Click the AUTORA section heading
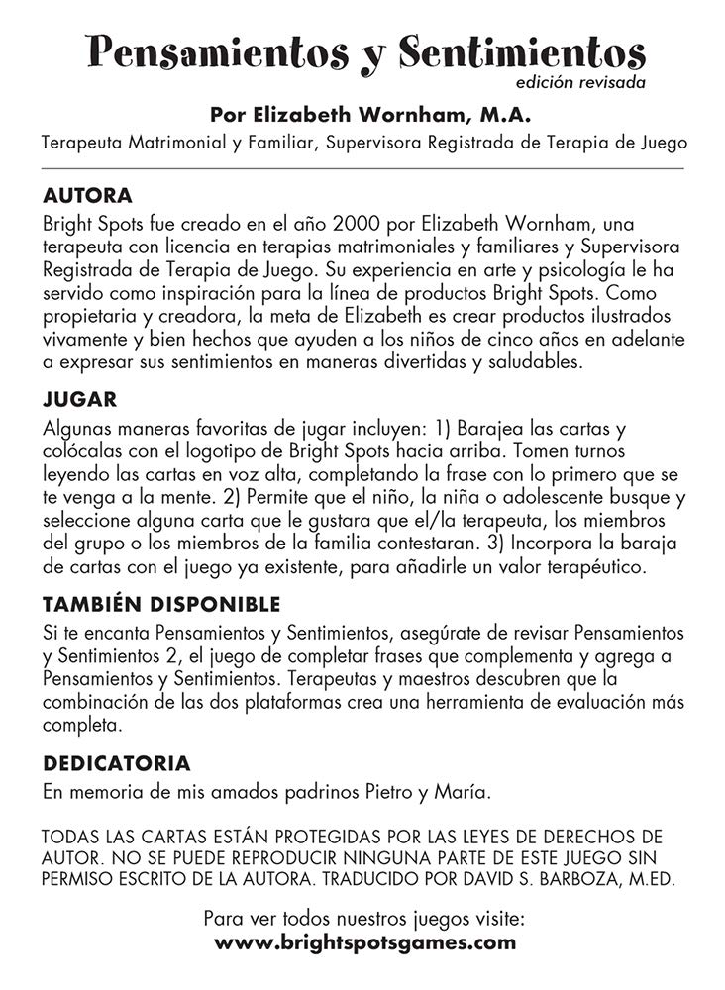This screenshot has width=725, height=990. coord(88,195)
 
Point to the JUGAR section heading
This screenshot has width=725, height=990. coord(81,401)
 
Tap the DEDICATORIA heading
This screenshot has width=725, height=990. coord(117,764)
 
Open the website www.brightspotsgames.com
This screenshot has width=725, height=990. coord(364,942)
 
